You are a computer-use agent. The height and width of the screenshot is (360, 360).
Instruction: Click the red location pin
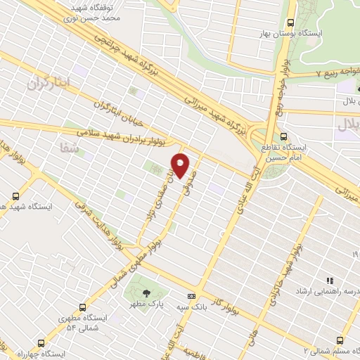[x=181, y=165]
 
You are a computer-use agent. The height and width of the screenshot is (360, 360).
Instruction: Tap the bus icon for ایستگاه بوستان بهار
[x=290, y=21]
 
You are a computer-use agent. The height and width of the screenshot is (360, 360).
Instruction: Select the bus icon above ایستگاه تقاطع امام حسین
[x=283, y=136]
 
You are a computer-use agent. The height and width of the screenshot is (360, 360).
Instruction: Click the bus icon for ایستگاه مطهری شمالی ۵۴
[x=83, y=307]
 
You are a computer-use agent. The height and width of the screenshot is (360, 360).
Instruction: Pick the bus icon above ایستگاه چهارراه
[x=40, y=344]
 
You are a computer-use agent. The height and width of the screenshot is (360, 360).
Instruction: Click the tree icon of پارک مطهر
[x=146, y=293]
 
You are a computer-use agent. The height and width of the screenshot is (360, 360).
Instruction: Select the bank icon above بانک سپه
[x=191, y=297]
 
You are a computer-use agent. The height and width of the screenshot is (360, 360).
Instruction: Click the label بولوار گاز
[x=224, y=292]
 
